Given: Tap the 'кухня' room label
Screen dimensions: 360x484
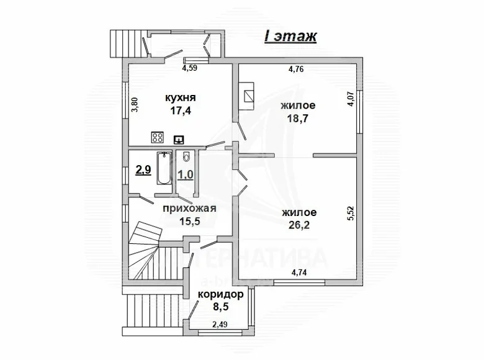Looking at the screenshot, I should (x=181, y=97).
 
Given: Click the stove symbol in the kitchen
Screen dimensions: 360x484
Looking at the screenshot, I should (x=157, y=138).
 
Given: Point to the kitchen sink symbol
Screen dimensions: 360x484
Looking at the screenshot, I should (x=180, y=139).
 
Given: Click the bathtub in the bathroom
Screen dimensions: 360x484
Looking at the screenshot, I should (x=164, y=167).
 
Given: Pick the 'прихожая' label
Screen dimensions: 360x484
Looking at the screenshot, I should (x=189, y=209).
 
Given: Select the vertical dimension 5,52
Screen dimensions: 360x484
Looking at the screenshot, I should (x=350, y=215).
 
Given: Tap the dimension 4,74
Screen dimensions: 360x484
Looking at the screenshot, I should (x=301, y=271).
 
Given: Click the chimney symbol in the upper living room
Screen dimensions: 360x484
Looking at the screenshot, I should (x=249, y=96).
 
